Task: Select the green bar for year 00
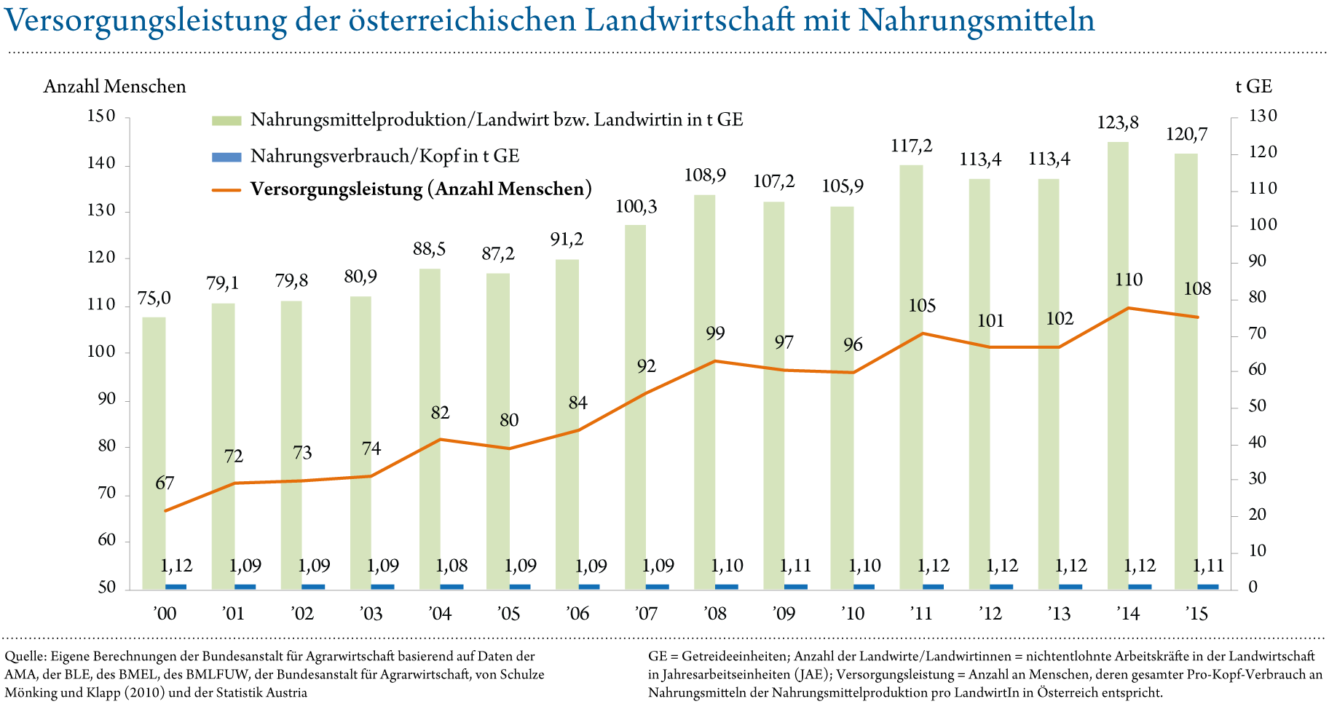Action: [154, 451]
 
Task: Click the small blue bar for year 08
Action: [727, 586]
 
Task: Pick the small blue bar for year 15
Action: [1208, 586]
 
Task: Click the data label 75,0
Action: [154, 298]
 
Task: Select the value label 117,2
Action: [911, 146]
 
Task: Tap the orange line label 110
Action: [1129, 280]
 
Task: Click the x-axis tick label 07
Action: [648, 614]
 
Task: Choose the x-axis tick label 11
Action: [923, 614]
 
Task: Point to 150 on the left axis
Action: [101, 116]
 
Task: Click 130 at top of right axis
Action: [1263, 116]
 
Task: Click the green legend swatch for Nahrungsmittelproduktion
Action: [226, 121]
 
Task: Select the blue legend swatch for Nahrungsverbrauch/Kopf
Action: [226, 157]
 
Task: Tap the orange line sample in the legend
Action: [226, 191]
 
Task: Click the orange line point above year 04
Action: [441, 439]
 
